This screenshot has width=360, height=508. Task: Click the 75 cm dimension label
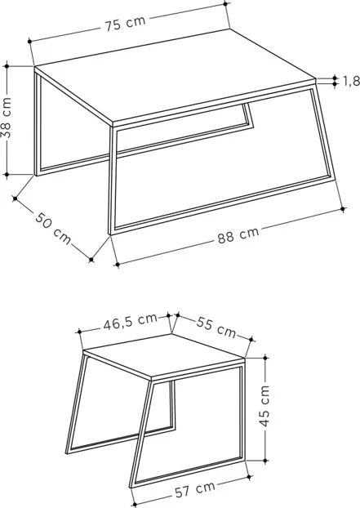125,24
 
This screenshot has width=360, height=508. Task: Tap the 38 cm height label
7,118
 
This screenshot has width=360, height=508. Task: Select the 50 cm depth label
53,228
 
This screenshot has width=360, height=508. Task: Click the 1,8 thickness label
351,81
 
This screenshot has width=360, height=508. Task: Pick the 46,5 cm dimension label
131,322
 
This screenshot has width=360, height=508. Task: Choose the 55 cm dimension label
216,327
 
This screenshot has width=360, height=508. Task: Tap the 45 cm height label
264,406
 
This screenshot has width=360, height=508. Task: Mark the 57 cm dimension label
195,489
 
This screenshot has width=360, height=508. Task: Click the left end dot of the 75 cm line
29,41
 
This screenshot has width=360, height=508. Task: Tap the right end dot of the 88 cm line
344,209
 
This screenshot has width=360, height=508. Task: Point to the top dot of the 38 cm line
7,66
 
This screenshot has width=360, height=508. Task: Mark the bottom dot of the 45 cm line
265,461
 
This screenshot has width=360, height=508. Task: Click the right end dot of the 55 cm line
251,340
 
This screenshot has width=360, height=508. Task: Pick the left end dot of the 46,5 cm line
79,332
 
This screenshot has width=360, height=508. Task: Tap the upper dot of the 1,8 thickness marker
335,78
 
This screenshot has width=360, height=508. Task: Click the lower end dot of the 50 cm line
91,260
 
